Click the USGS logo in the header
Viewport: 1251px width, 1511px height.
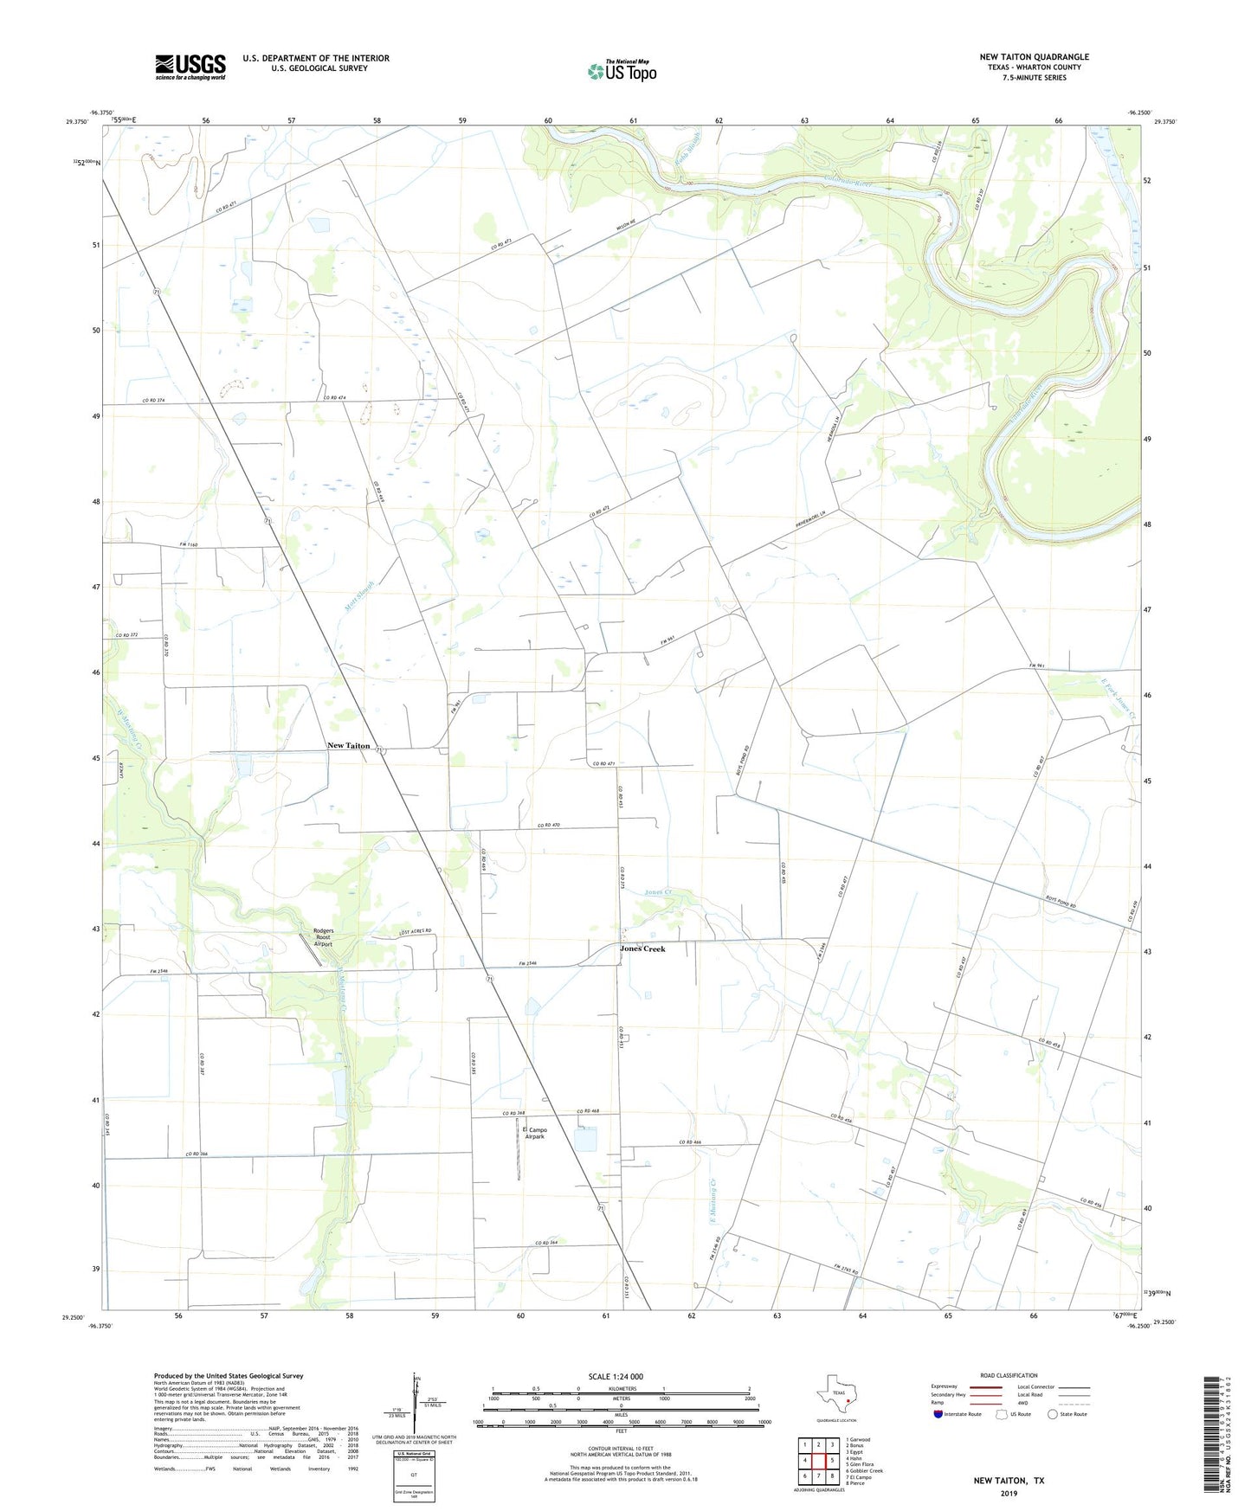coord(190,67)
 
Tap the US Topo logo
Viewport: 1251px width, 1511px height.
coord(622,70)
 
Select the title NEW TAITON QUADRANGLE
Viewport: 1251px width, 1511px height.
coord(1034,57)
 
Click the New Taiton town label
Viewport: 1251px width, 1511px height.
coord(348,745)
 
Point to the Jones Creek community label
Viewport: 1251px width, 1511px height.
coord(642,948)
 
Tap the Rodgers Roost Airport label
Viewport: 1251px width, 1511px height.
coord(323,937)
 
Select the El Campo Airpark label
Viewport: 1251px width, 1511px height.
coord(536,1133)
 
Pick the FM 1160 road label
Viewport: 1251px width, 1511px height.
coord(189,544)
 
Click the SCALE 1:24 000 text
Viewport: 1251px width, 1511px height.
coord(616,1376)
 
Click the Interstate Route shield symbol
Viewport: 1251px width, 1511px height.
coord(938,1414)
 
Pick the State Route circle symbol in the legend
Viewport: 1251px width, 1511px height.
coord(1053,1414)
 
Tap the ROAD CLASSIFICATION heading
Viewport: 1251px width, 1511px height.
coord(1009,1375)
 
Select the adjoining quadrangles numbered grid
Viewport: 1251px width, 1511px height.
coord(818,1461)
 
